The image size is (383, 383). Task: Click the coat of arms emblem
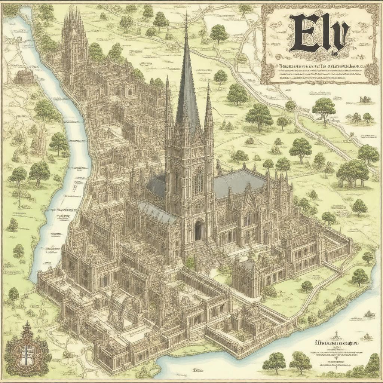point(27,346)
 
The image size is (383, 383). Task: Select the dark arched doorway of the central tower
point(199,230)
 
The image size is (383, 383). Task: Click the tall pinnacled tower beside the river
point(75,45)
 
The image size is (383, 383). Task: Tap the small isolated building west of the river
point(25,77)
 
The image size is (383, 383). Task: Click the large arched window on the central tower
point(198,182)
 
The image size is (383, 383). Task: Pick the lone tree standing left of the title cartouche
point(218,33)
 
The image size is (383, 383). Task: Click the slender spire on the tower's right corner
point(208,108)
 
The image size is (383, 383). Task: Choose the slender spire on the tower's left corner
point(168,101)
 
